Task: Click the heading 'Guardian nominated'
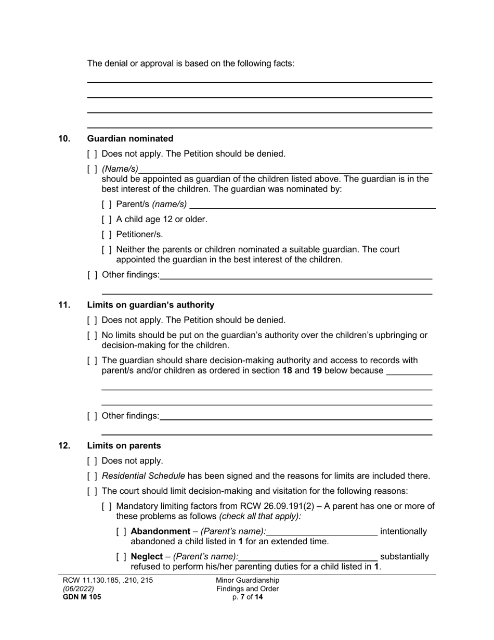click(x=130, y=138)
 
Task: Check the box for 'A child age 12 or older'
click(x=107, y=220)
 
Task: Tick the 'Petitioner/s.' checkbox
click(x=107, y=235)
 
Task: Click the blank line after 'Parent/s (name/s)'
click(x=312, y=205)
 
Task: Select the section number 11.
click(x=64, y=305)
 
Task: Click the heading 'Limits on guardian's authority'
click(x=150, y=305)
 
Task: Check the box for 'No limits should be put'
click(x=92, y=336)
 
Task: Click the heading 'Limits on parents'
click(x=124, y=446)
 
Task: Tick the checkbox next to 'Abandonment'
click(x=121, y=532)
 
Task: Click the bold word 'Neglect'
click(x=147, y=557)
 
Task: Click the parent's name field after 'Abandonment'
click(x=322, y=532)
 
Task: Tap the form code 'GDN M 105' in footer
click(x=82, y=597)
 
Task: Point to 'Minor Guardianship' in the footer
click(x=248, y=580)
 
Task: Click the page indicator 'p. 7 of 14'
click(x=248, y=597)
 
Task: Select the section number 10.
click(x=64, y=138)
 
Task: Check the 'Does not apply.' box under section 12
click(x=92, y=461)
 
